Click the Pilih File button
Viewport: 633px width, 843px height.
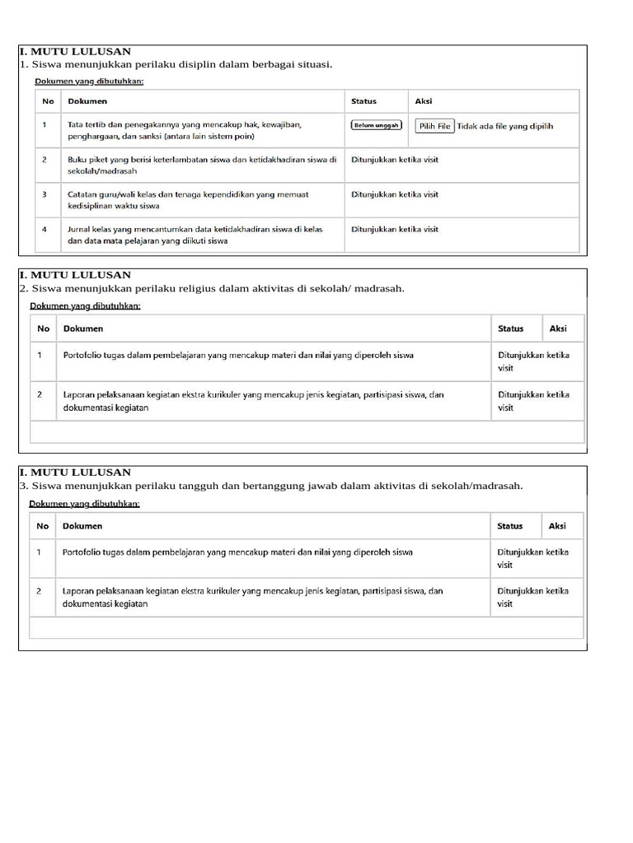pyautogui.click(x=434, y=126)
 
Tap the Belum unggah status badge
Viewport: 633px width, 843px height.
pyautogui.click(x=376, y=125)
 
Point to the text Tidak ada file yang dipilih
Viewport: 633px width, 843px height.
pyautogui.click(x=504, y=126)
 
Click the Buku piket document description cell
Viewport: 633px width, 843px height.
pyautogui.click(x=201, y=165)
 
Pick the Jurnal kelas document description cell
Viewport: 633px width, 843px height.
pyautogui.click(x=195, y=235)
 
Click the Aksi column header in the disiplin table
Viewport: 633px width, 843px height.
pyautogui.click(x=424, y=101)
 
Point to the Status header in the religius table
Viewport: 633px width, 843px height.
pyautogui.click(x=510, y=328)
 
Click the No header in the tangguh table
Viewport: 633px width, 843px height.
pyautogui.click(x=42, y=526)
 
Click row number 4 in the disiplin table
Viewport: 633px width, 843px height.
pyautogui.click(x=45, y=230)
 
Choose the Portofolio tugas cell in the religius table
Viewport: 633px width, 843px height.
pyautogui.click(x=238, y=356)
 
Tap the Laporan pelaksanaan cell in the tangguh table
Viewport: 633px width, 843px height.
pyautogui.click(x=252, y=597)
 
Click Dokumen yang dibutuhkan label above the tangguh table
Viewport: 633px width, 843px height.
pyautogui.click(x=84, y=503)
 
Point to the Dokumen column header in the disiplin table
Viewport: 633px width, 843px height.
pyautogui.click(x=87, y=101)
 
